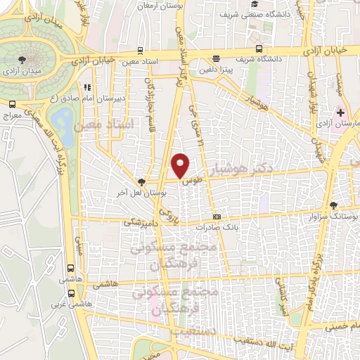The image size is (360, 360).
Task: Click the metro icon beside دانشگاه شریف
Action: click(x=259, y=49)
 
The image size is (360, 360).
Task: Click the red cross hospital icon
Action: click(x=341, y=112)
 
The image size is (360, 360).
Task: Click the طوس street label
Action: click(x=188, y=181)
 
